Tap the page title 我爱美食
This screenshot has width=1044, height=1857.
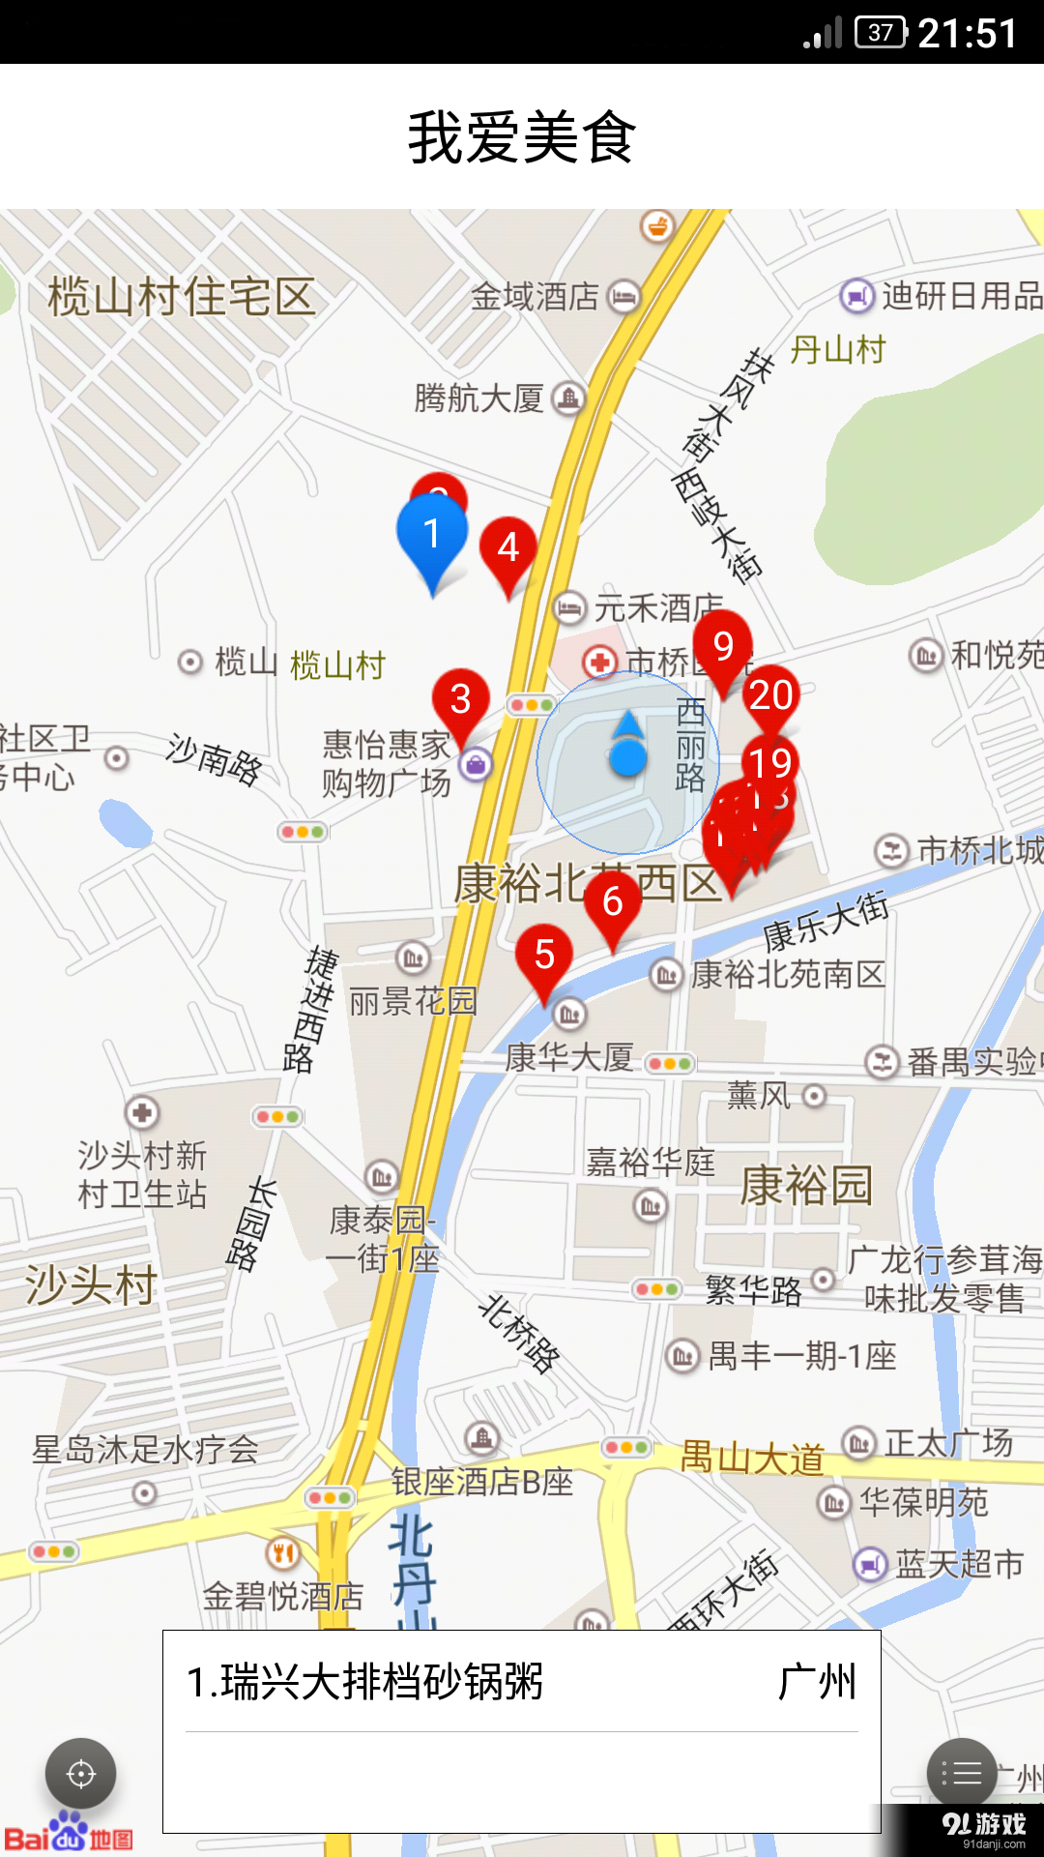coord(522,137)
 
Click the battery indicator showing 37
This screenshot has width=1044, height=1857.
coord(881,33)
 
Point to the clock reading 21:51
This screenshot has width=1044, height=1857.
coord(968,34)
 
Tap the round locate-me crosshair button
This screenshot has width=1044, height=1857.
coord(81,1774)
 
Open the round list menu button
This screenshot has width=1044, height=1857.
coord(962,1773)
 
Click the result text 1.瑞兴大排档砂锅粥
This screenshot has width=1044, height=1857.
coord(364,1682)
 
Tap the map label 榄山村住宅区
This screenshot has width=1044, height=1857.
coord(182,296)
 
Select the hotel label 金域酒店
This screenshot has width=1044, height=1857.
coord(535,296)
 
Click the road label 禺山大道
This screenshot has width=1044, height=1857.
coord(752,1457)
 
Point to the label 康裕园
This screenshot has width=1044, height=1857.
coord(806,1185)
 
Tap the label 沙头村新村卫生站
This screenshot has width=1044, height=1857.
coord(142,1174)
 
